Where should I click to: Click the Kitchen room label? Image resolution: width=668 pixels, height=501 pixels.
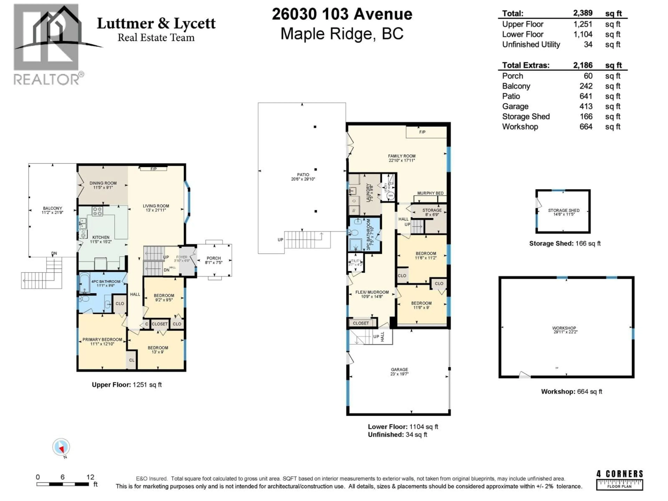(101, 237)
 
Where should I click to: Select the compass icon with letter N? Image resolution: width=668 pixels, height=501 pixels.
(61, 447)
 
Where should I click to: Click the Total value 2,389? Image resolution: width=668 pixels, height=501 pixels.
(583, 13)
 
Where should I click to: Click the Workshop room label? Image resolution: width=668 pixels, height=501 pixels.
(564, 328)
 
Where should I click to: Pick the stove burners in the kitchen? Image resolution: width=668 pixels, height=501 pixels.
(97, 211)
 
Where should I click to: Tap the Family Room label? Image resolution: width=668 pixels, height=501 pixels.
(402, 156)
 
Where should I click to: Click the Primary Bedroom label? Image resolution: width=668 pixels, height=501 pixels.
(102, 339)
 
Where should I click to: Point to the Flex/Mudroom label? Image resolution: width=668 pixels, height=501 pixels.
(372, 292)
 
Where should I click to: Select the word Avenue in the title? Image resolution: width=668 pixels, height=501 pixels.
(383, 14)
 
